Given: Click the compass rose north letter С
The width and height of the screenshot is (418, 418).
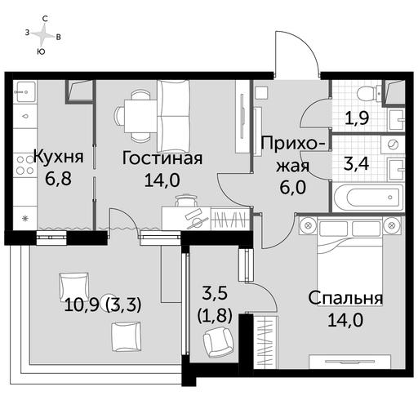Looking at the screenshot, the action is tap(45, 19).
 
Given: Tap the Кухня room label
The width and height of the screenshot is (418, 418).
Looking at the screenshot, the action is tap(59, 157).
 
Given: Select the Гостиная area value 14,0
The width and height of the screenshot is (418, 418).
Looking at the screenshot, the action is tap(162, 180).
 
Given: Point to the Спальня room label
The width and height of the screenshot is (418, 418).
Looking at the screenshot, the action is tap(345, 298).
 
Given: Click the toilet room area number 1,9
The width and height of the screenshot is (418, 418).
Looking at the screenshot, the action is tap(357, 118).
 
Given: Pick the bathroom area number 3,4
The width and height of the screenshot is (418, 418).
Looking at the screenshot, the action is tap(357, 164).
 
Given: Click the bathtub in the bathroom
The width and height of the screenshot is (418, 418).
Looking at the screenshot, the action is tap(367, 198).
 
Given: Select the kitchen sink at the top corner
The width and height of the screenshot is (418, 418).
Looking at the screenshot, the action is tap(24, 91).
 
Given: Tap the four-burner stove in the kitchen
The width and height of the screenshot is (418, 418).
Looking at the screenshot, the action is tap(24, 165).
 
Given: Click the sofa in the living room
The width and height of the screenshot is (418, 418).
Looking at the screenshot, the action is tap(173, 116).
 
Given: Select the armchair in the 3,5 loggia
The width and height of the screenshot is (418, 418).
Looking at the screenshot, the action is tap(218, 342).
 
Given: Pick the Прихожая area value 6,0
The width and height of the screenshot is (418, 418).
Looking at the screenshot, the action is tap(293, 187).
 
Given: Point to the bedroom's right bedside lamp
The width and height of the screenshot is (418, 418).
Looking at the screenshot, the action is tap(393, 225).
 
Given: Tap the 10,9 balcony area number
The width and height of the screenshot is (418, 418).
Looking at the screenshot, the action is tap(82, 305).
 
